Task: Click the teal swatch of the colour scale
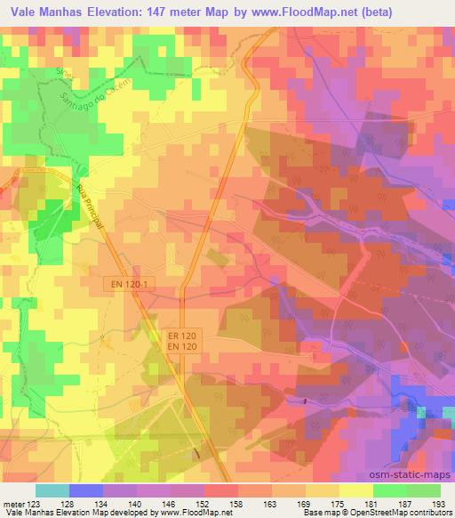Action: coord(52,490)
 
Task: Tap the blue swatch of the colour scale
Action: coord(86,490)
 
